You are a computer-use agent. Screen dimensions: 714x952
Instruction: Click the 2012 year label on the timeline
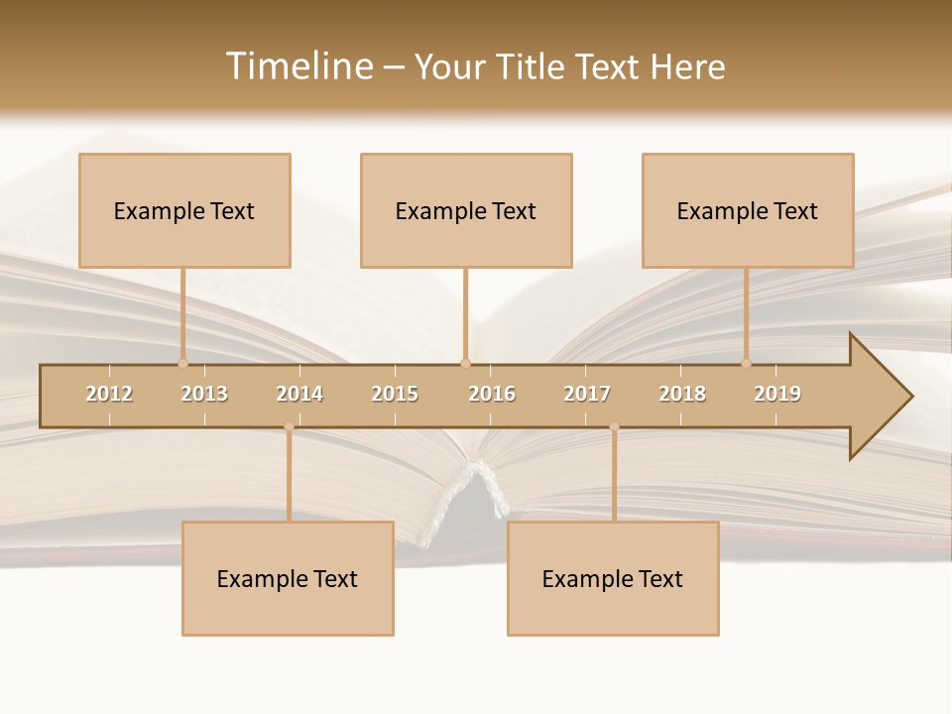click(x=109, y=394)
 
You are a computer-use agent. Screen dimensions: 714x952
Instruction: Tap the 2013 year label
click(x=204, y=394)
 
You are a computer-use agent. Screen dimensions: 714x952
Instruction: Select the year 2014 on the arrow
click(x=299, y=394)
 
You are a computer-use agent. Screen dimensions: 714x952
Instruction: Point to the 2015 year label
click(x=395, y=394)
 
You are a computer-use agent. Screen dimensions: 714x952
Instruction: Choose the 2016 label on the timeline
click(x=492, y=394)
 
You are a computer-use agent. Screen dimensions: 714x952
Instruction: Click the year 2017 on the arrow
click(x=587, y=394)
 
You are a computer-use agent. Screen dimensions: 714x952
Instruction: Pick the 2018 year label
click(x=682, y=394)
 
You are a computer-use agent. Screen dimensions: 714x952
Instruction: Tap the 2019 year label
click(x=777, y=394)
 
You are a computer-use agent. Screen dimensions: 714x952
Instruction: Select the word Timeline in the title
click(x=297, y=66)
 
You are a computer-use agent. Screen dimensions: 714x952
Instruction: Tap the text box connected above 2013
click(x=184, y=210)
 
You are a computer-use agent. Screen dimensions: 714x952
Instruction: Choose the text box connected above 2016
click(x=466, y=210)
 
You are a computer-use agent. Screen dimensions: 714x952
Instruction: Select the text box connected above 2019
click(x=748, y=210)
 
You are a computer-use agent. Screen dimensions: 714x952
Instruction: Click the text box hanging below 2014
click(x=288, y=578)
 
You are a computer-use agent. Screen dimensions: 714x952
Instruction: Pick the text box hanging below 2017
click(x=613, y=578)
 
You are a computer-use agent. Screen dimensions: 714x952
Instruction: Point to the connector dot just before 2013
click(x=182, y=363)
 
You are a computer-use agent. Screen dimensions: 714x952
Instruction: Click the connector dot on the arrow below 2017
click(x=614, y=426)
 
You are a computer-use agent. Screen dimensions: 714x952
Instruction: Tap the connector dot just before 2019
click(x=746, y=363)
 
